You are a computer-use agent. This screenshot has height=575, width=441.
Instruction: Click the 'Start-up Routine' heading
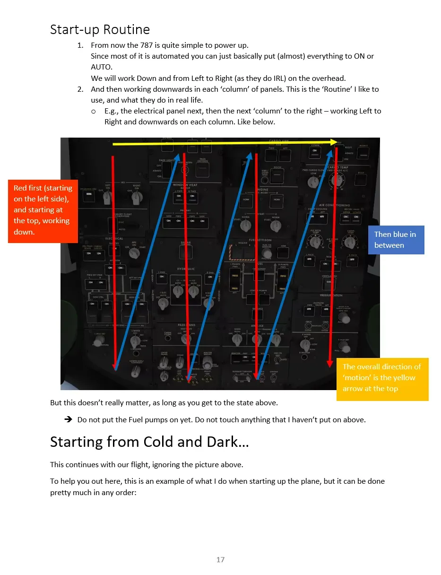click(100, 30)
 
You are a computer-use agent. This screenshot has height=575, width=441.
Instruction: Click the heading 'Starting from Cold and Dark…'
click(149, 442)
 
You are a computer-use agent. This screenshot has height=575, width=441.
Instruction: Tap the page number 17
click(220, 560)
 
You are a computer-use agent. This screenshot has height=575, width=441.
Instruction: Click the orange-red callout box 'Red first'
click(43, 210)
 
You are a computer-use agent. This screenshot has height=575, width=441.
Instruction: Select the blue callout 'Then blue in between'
click(396, 240)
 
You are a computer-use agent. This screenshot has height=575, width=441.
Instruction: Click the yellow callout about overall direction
click(382, 378)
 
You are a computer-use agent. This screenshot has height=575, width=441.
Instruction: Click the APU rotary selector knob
click(135, 253)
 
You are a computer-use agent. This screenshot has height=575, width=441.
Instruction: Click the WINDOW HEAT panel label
click(185, 185)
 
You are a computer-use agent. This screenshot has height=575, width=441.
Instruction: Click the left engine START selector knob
click(245, 226)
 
